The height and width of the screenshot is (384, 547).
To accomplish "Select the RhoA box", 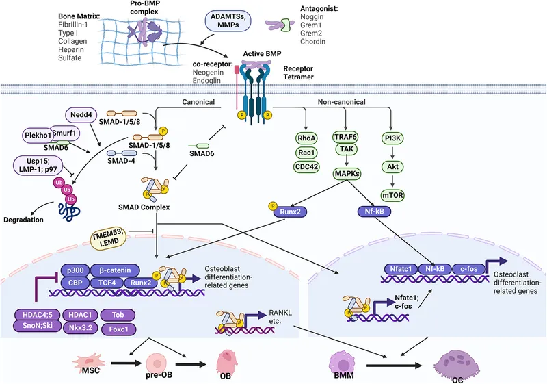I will coord(304,137).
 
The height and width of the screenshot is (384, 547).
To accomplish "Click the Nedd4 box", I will coord(81,114).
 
